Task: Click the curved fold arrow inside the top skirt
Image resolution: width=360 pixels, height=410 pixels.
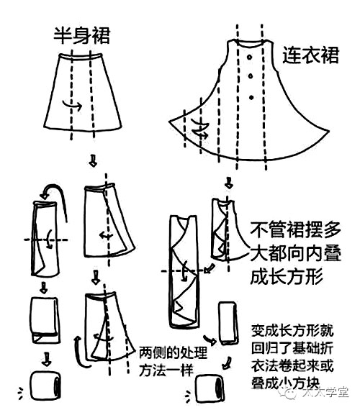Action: click(71, 106)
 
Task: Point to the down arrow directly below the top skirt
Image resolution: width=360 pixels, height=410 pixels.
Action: click(91, 159)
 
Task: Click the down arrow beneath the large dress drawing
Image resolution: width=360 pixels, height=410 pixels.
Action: click(229, 182)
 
